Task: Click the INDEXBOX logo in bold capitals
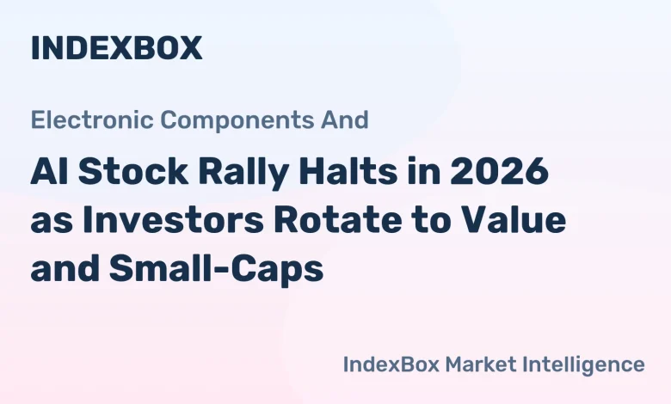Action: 116,48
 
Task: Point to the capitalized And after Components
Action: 348,119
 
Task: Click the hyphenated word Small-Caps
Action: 215,270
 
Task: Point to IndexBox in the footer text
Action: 390,364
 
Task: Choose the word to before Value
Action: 433,221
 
